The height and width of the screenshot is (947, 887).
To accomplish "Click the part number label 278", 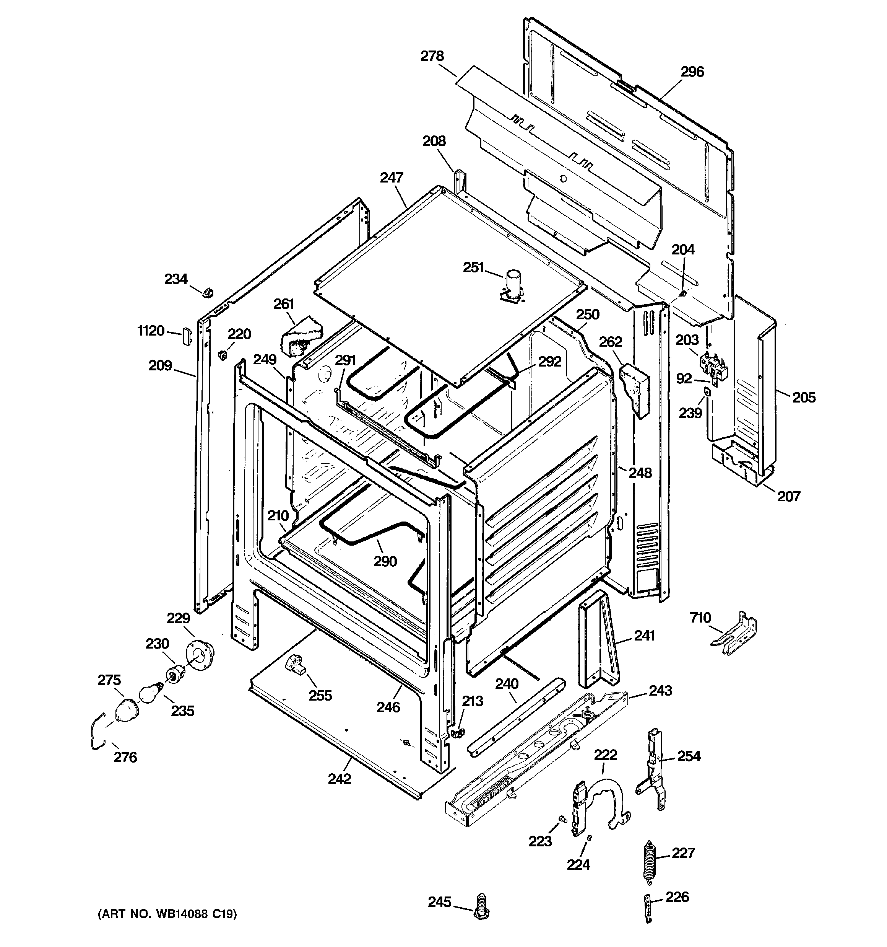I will click(x=432, y=56).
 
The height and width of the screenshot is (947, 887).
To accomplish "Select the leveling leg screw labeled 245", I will click(x=482, y=905).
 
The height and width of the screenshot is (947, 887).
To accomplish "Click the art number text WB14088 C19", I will click(x=167, y=914).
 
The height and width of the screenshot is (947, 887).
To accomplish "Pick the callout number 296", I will click(x=692, y=72).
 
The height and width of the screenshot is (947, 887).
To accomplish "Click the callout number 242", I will click(x=340, y=779).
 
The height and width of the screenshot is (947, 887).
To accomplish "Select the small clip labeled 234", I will click(x=208, y=292).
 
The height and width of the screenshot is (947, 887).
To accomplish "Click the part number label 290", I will click(x=385, y=562).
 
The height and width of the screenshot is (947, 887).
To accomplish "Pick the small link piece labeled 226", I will click(x=648, y=908).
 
